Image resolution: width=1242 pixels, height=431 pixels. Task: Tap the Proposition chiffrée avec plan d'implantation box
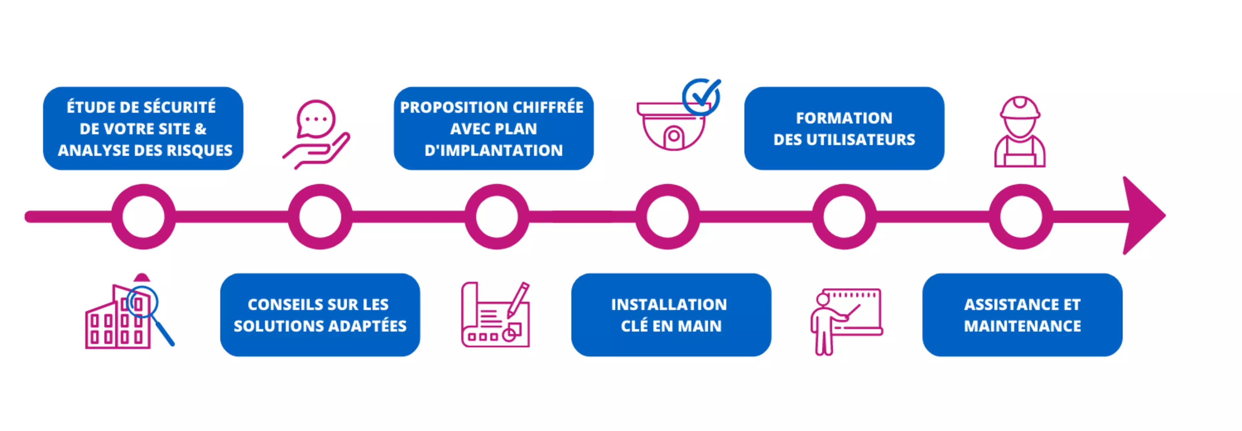(x=493, y=128)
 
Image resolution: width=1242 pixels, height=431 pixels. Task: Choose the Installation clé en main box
(x=671, y=315)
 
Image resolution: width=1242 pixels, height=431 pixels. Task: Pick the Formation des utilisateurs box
(x=844, y=128)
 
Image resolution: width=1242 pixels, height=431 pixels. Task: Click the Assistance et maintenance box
(x=1022, y=315)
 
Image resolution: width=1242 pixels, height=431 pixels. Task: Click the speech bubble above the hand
(x=316, y=118)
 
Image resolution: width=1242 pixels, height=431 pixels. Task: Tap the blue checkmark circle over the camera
(x=702, y=96)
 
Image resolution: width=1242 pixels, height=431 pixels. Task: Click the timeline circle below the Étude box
(x=143, y=217)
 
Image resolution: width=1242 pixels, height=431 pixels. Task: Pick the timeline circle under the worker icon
(x=1021, y=217)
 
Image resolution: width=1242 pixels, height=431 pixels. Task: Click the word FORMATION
(x=844, y=118)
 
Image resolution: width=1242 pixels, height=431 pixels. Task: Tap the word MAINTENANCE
(x=1022, y=326)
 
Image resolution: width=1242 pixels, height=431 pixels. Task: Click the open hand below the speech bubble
(x=318, y=152)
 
